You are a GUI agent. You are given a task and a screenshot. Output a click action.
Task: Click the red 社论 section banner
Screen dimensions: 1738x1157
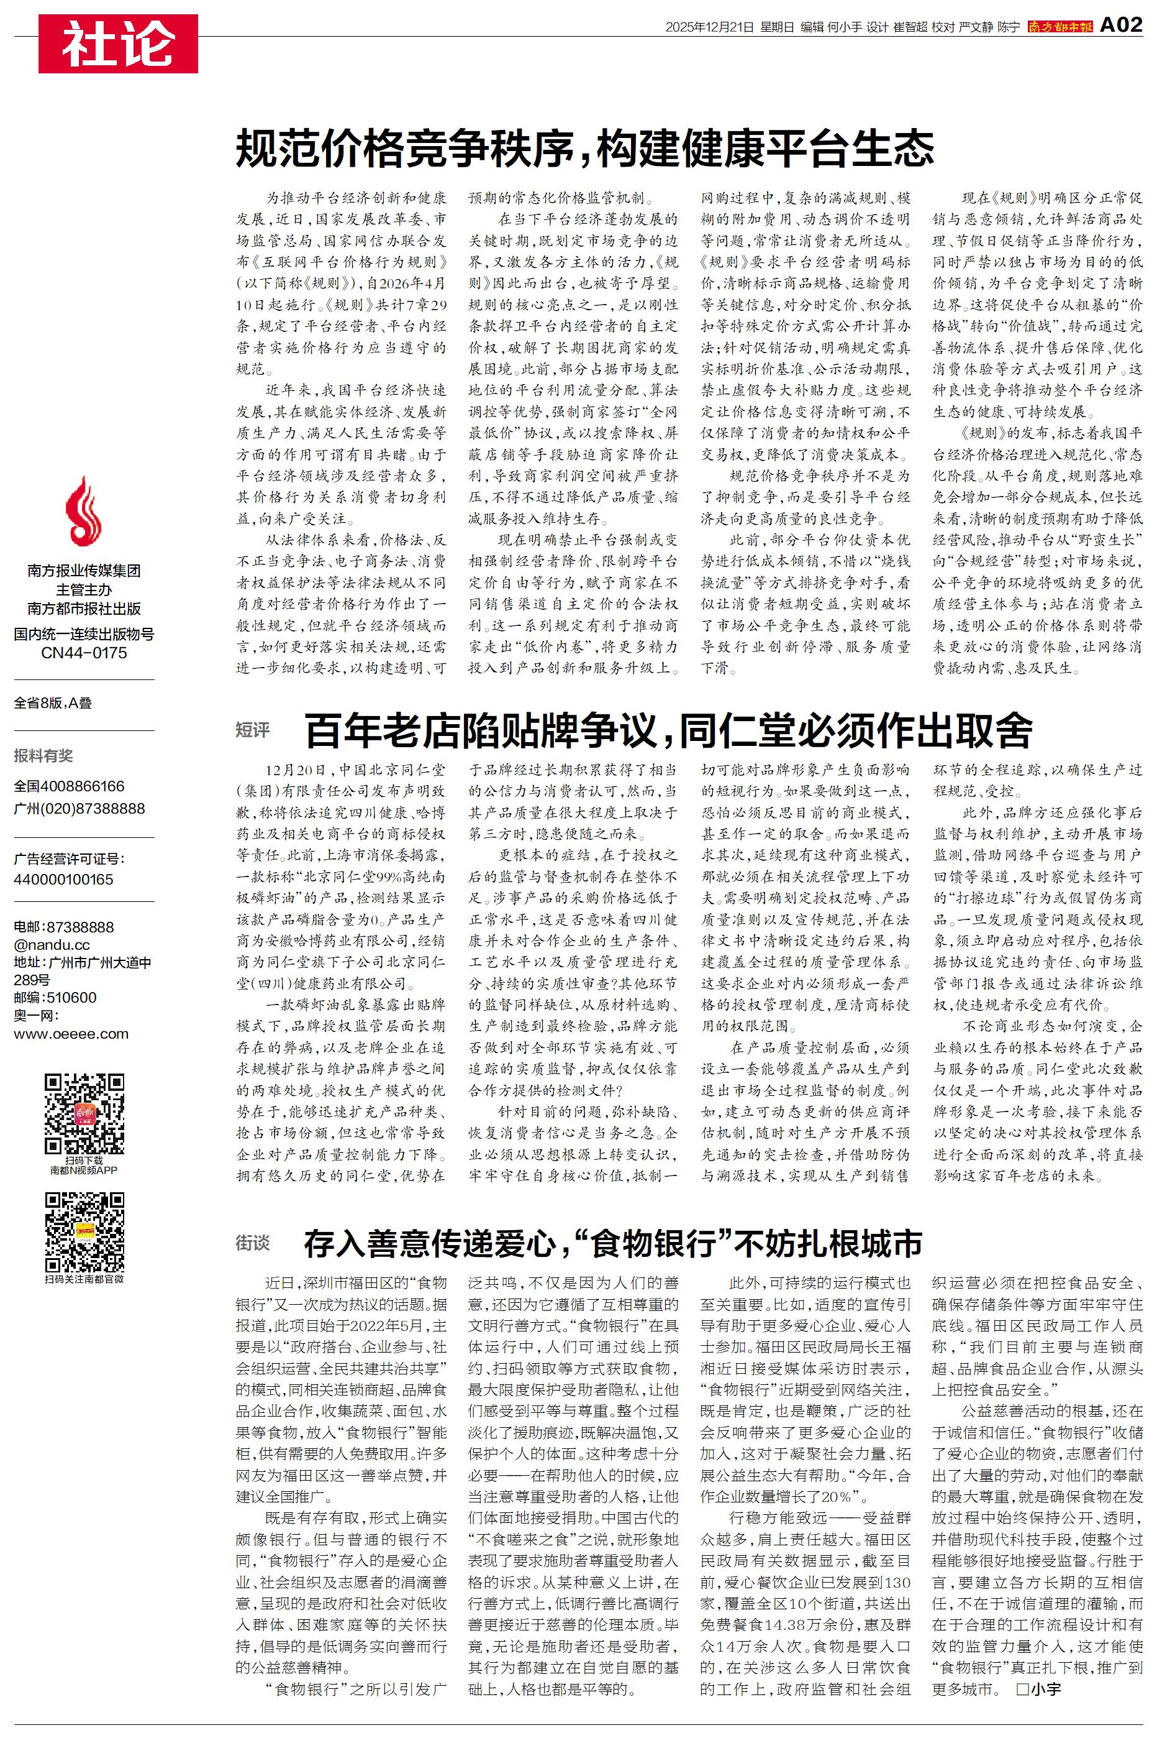pyautogui.click(x=118, y=44)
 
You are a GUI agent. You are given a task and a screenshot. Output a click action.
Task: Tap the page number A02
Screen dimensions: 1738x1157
pyautogui.click(x=1121, y=26)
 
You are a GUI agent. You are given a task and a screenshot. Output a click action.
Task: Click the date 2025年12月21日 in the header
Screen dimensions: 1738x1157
pyautogui.click(x=709, y=27)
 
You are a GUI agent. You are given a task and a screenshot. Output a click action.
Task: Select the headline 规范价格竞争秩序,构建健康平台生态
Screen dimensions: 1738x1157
pyautogui.click(x=584, y=149)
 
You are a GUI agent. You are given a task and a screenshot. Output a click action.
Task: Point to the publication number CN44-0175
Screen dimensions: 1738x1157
pyautogui.click(x=83, y=653)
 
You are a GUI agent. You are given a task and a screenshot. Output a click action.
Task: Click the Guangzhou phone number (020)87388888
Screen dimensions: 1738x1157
pyautogui.click(x=79, y=809)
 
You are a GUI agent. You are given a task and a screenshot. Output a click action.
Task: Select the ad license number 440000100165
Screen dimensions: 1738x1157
pyautogui.click(x=63, y=880)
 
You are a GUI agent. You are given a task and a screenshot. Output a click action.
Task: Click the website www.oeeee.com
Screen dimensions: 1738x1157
pyautogui.click(x=71, y=1034)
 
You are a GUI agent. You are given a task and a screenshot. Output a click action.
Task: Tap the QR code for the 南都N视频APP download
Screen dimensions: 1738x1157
pyautogui.click(x=84, y=1114)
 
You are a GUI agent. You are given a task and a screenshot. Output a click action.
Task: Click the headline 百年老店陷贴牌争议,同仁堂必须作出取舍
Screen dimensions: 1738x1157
pyautogui.click(x=668, y=731)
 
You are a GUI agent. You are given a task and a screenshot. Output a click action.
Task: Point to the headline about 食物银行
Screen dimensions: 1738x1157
pyautogui.click(x=612, y=1244)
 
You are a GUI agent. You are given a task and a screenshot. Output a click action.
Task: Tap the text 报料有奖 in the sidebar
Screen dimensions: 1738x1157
pyautogui.click(x=43, y=755)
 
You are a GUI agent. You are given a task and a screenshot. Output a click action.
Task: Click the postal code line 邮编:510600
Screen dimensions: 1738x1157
pyautogui.click(x=55, y=998)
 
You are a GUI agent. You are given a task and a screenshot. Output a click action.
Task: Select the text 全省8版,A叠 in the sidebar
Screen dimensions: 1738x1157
pyautogui.click(x=53, y=703)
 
